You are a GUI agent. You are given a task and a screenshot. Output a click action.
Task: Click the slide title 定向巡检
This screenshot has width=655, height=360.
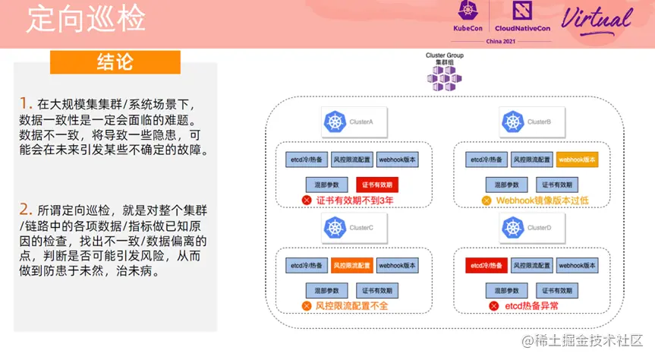[x=85, y=21]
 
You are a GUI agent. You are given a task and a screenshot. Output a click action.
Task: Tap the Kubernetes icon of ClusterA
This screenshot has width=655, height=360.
[x=334, y=121]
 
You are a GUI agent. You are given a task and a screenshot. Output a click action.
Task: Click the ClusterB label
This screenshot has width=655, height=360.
[x=539, y=122]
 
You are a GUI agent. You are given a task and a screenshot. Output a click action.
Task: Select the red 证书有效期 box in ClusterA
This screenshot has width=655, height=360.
[x=377, y=185]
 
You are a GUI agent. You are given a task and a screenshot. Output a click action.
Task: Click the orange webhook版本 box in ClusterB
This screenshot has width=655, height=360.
[x=578, y=159]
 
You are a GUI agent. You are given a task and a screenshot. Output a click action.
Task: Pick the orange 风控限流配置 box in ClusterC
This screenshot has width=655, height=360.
[x=352, y=266]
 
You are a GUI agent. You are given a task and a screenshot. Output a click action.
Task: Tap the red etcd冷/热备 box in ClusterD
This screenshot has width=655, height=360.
[x=485, y=266]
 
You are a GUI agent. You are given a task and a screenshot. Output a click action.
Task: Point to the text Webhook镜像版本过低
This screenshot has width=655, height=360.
[x=542, y=201]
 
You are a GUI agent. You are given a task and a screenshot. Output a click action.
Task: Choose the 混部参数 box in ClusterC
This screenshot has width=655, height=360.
[x=326, y=290]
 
